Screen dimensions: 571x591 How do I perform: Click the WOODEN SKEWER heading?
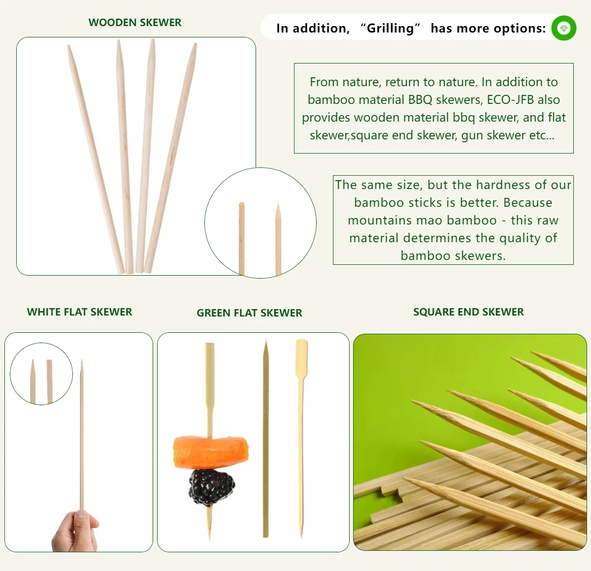[x=134, y=23]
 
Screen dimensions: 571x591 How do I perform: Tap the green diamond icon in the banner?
[x=563, y=28]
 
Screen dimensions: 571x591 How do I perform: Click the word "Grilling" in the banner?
[x=390, y=29]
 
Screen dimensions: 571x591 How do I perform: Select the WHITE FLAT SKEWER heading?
[x=79, y=312]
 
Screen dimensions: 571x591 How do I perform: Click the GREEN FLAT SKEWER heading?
[x=249, y=313]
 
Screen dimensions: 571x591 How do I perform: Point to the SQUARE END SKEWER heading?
[x=468, y=312]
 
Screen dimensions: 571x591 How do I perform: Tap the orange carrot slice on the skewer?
[x=211, y=451]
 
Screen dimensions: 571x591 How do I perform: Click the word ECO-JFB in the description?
[x=510, y=100]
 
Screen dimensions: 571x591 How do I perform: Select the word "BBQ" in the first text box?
[x=420, y=100]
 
